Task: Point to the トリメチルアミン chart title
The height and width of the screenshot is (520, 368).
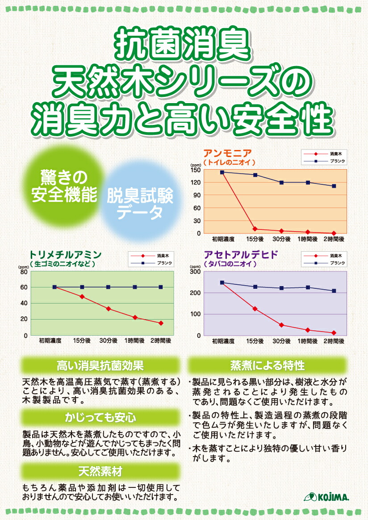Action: pos(65,255)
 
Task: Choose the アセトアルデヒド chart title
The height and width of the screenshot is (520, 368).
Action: pos(241,255)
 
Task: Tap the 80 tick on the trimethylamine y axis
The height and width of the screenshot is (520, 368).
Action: pos(24,271)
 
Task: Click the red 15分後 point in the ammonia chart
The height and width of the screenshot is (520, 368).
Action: pos(255,229)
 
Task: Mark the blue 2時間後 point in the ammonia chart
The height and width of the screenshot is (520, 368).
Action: pos(334,186)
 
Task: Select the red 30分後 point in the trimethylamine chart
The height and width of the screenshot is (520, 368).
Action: pos(108,308)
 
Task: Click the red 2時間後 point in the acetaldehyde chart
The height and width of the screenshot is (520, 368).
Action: pos(334,333)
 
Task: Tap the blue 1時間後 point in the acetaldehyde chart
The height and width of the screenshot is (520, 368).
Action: pos(308,287)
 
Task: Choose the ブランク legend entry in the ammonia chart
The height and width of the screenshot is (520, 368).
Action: pos(337,161)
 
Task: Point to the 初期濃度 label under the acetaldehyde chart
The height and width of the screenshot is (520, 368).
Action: pos(223,341)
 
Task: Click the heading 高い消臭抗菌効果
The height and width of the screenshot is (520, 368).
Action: pos(100,366)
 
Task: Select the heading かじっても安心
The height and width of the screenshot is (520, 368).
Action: pos(100,418)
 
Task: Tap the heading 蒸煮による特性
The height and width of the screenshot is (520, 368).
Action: pos(267,366)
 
